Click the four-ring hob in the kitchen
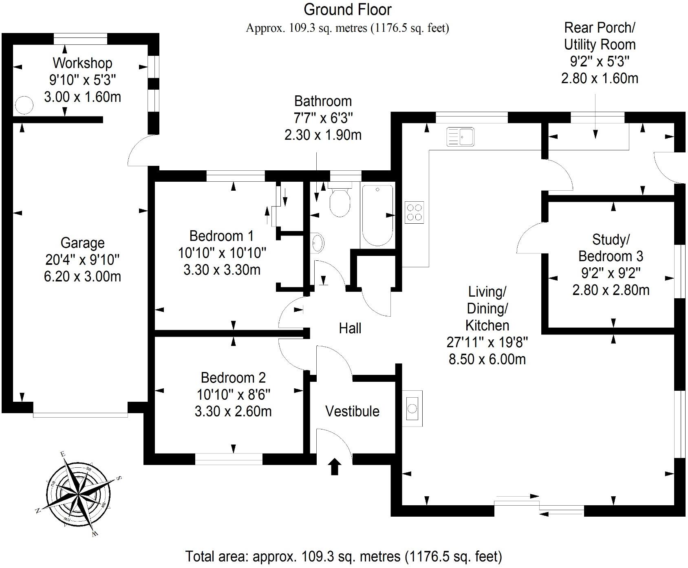point(414,212)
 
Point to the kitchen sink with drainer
point(461,136)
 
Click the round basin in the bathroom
point(318,243)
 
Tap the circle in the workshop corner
point(24,105)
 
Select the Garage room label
point(82,243)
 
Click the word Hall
point(350,328)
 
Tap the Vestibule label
point(352,411)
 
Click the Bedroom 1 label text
point(221,236)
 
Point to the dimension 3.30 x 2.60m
point(233,412)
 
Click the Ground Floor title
point(347,9)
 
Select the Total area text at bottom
point(344,556)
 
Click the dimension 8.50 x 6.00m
point(487,359)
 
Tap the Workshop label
point(82,63)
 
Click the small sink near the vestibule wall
point(412,408)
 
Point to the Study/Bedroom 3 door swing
point(530,239)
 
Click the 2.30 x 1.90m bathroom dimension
point(323,135)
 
